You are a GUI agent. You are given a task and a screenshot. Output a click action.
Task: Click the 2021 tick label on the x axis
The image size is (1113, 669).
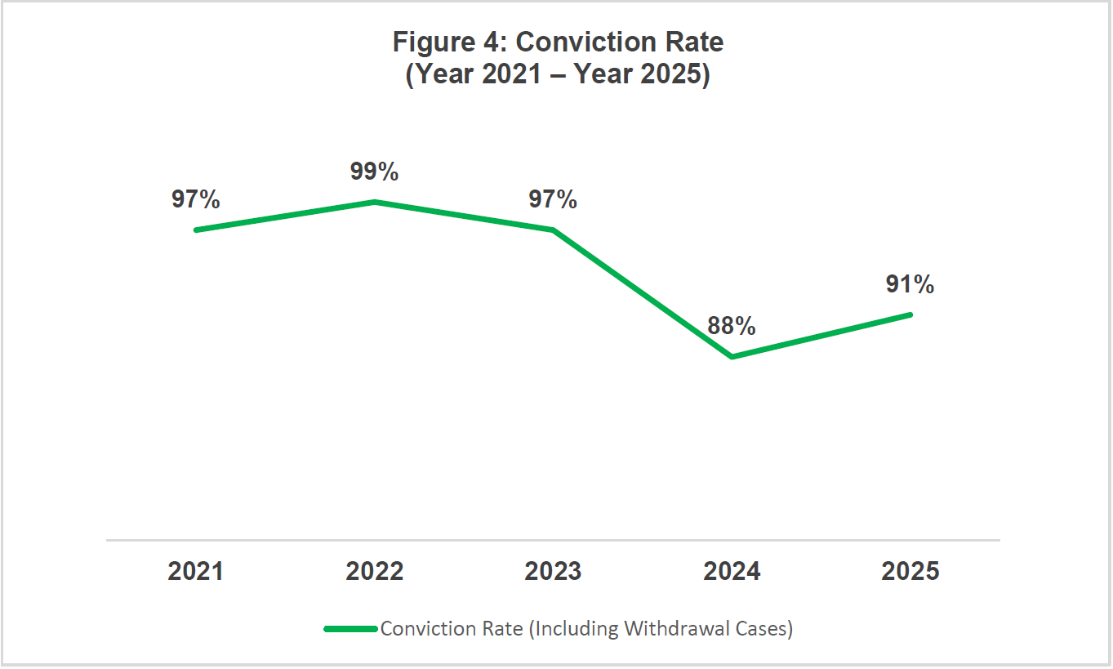pos(195,571)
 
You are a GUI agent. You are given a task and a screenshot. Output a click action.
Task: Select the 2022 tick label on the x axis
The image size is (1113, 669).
pos(375,571)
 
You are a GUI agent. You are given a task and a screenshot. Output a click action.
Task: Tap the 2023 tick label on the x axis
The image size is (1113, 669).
pos(553,571)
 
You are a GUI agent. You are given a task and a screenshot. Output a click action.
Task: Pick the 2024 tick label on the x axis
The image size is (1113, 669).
pos(732,571)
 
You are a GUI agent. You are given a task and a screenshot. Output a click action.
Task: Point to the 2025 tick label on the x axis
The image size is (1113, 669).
pos(910,571)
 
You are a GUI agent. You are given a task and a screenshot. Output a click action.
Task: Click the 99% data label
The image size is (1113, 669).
pos(375,172)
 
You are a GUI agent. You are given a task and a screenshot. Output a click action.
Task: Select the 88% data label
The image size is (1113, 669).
pos(732,326)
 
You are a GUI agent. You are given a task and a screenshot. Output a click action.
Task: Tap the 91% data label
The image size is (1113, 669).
pos(910,284)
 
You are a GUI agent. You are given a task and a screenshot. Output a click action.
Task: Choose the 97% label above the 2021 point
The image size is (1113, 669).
pos(195,199)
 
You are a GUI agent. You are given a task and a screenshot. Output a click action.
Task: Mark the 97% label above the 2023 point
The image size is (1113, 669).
pos(553,199)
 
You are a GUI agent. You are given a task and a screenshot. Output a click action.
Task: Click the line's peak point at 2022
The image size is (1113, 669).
pos(375,202)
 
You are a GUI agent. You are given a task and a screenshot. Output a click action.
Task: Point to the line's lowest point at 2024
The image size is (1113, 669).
pos(732,357)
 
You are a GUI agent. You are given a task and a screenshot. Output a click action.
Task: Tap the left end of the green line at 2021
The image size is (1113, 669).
pos(196,230)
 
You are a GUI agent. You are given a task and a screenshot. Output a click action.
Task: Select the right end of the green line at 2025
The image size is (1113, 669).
pos(910,314)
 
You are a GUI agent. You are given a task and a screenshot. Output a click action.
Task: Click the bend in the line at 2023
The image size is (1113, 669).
pos(553,230)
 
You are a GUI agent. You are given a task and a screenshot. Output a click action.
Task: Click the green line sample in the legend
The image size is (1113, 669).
pos(352,629)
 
